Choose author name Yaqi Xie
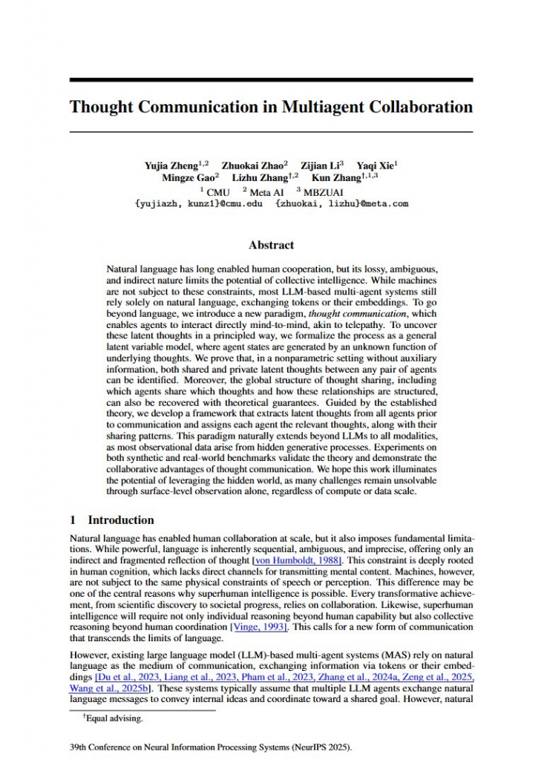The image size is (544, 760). pos(376,166)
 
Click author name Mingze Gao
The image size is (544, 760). pos(188,178)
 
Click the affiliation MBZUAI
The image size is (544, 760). pos(321,191)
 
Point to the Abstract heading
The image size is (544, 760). pos(271,245)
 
